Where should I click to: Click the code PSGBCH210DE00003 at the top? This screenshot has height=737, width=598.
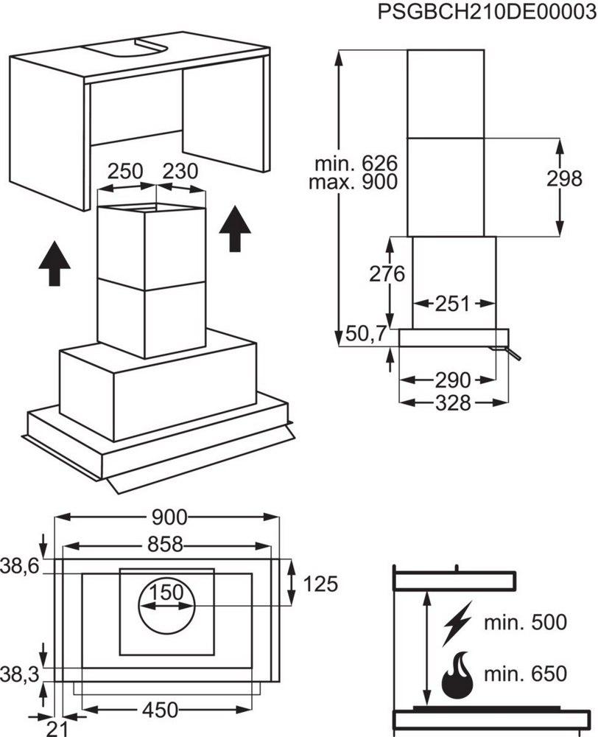coord(485,13)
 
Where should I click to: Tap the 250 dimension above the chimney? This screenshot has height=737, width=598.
coord(124,172)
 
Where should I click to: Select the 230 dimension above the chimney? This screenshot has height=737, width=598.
coord(180,172)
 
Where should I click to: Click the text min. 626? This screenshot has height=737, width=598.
coord(355,163)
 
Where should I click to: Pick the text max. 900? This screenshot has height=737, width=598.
coord(355,181)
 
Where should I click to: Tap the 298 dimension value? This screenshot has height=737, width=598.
coord(564,178)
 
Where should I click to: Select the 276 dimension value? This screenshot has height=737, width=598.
coord(387,274)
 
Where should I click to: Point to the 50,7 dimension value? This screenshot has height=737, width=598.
coord(367,334)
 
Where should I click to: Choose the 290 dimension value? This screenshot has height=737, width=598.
coord(452,380)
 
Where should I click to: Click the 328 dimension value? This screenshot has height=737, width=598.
coord(452,403)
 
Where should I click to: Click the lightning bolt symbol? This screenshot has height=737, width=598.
coord(458,624)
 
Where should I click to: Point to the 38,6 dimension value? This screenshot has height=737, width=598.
coord(21,567)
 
